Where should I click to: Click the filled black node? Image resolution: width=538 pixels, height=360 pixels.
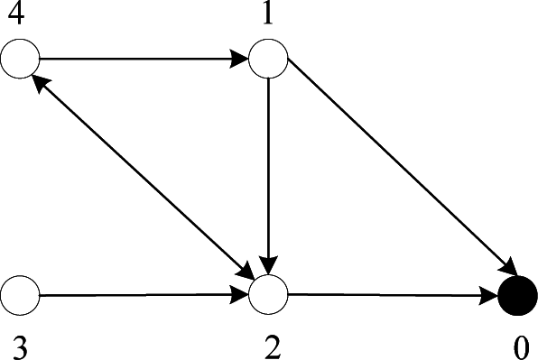tap(518, 295)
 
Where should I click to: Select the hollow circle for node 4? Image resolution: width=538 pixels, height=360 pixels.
tap(20, 60)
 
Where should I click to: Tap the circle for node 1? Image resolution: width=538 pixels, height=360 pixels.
tap(268, 60)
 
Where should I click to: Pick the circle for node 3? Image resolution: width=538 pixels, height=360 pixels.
tap(20, 294)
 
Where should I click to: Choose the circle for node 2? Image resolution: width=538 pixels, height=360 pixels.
tap(268, 294)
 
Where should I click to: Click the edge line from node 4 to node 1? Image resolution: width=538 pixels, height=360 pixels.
tap(135, 60)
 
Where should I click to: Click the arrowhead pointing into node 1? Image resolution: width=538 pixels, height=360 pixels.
tap(240, 60)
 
